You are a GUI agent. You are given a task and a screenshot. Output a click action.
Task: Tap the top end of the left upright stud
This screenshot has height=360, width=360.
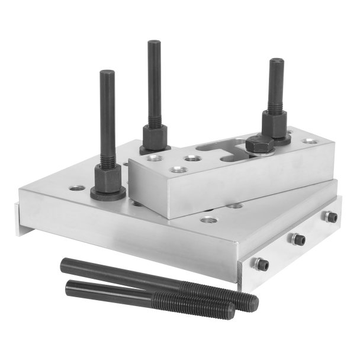tap(106, 72)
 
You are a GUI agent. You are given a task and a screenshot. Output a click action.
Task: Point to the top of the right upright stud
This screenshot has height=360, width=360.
tap(277, 61)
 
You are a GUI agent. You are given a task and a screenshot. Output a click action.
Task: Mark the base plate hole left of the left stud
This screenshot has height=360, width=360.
tap(75, 188)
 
